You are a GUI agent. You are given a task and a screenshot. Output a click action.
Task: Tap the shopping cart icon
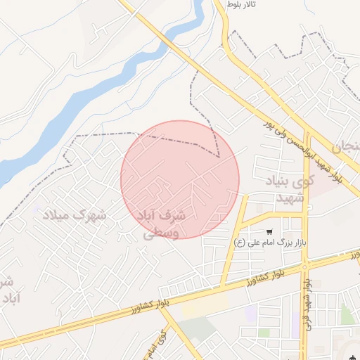point(269,231)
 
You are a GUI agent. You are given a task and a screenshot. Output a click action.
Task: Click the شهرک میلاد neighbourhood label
point(74,214)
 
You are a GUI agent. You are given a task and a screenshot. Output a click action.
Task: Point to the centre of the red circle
point(180,179)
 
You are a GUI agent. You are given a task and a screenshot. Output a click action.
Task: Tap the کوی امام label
point(158,345)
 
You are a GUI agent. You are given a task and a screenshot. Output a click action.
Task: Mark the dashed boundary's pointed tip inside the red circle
point(219,156)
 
